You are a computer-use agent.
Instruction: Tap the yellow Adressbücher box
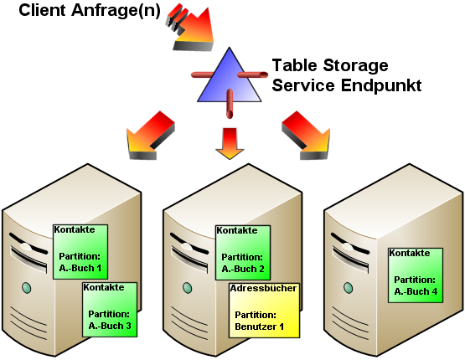264,309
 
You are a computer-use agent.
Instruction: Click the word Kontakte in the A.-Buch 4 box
410,253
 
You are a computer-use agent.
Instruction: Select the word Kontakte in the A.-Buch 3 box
104,287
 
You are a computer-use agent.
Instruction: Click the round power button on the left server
27,289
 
